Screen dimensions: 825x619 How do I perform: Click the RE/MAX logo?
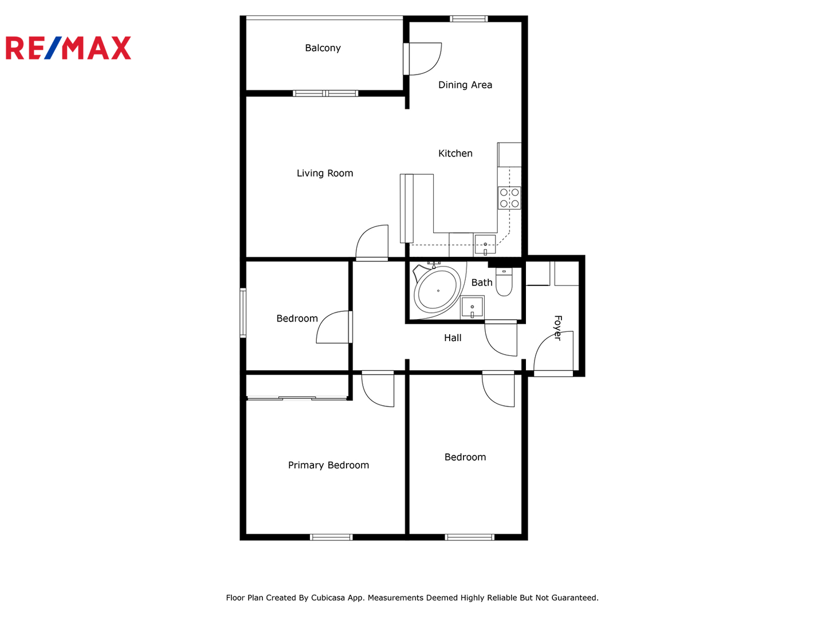click(x=68, y=48)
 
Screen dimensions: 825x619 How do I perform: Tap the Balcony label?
click(x=323, y=48)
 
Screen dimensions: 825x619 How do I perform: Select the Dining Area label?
click(x=465, y=85)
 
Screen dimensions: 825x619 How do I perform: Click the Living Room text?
click(x=325, y=173)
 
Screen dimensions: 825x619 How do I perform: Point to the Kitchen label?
click(x=455, y=154)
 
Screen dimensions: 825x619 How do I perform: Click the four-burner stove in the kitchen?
click(x=509, y=198)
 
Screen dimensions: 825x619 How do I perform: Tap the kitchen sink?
click(x=485, y=245)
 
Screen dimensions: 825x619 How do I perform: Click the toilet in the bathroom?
click(x=504, y=281)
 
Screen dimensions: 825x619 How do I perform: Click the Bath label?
click(x=481, y=282)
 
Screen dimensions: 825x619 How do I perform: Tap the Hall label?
click(x=453, y=338)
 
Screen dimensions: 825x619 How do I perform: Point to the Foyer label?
click(x=558, y=328)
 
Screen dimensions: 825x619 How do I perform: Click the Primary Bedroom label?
click(x=328, y=465)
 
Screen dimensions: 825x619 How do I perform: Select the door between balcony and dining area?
click(x=422, y=59)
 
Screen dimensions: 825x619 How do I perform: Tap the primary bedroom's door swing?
click(x=378, y=389)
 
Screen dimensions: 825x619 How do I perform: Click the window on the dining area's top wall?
click(x=469, y=19)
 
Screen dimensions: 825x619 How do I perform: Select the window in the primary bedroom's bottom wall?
click(x=331, y=538)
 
